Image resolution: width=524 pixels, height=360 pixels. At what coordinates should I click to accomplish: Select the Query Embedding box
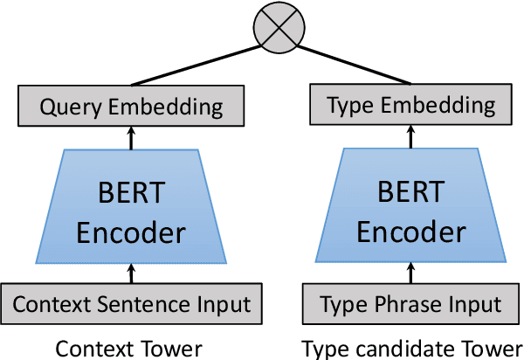pyautogui.click(x=132, y=107)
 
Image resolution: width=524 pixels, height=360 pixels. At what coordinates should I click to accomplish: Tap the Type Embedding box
pyautogui.click(x=410, y=107)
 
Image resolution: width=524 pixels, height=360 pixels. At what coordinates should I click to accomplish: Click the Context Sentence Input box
pyautogui.click(x=132, y=305)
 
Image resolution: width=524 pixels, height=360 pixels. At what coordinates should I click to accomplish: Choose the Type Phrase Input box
pyautogui.click(x=410, y=305)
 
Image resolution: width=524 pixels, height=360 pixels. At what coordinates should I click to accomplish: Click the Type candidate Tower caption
pyautogui.click(x=411, y=348)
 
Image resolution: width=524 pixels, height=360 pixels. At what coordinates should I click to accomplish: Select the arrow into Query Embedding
pyautogui.click(x=132, y=136)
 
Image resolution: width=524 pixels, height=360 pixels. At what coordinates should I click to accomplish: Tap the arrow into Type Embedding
pyautogui.click(x=410, y=136)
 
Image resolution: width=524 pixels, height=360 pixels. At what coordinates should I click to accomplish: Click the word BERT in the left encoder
pyautogui.click(x=132, y=190)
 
